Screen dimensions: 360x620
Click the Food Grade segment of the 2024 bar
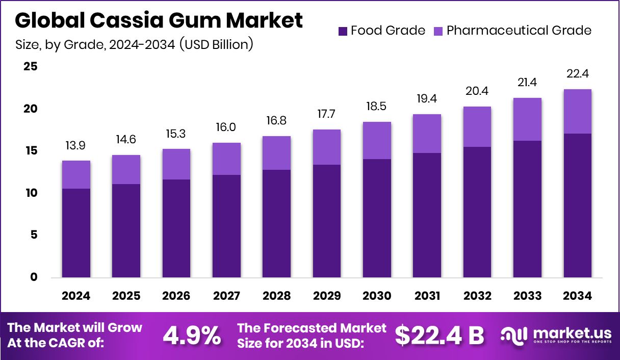click(x=76, y=233)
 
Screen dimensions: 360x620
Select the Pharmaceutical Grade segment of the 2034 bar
click(x=578, y=111)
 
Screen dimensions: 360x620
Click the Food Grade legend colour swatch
click(x=343, y=31)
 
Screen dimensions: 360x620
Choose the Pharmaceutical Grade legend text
click(x=519, y=31)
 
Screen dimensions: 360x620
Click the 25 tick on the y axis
click(x=31, y=67)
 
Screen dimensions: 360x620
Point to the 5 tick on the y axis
click(x=33, y=235)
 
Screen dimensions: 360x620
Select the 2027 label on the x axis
click(x=226, y=296)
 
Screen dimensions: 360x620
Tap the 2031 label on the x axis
click(x=427, y=296)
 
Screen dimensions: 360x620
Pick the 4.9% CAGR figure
click(x=192, y=335)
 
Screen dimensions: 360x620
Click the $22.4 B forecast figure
click(x=440, y=335)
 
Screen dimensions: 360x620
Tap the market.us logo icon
click(x=513, y=335)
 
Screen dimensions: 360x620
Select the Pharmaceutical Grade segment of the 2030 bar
click(x=377, y=140)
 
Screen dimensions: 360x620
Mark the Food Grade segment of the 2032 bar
click(x=477, y=212)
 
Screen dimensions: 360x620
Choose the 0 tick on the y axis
click(x=33, y=277)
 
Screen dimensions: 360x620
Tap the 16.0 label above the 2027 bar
click(x=226, y=127)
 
